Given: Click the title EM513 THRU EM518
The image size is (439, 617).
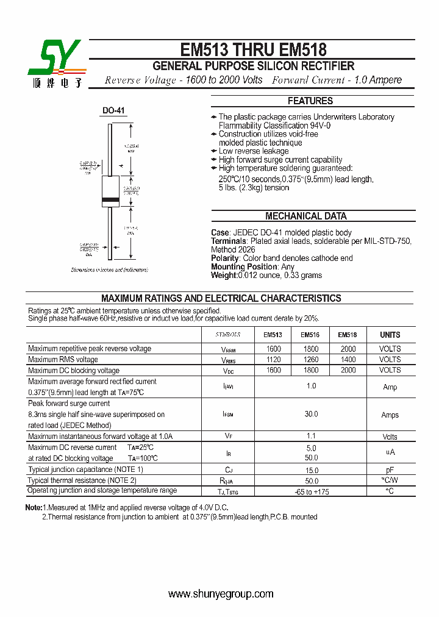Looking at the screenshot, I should click(253, 49).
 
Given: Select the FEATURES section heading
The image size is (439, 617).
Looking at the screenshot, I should click(310, 101).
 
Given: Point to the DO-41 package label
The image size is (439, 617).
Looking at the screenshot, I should click(113, 110).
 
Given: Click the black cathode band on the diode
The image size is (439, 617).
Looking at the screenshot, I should click(110, 200).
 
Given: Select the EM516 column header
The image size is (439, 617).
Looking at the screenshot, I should click(310, 335).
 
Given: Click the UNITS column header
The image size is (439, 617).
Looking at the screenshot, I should click(390, 335).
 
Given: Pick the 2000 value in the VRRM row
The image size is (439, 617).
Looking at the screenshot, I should click(348, 349).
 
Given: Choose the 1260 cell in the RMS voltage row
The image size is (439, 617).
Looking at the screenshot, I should click(310, 360).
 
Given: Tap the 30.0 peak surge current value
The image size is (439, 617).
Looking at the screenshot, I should click(311, 415).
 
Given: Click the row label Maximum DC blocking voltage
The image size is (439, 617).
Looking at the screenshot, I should click(74, 370).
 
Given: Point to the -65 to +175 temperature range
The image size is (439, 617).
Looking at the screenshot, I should click(311, 491).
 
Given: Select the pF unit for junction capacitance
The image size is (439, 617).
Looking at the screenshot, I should click(390, 470).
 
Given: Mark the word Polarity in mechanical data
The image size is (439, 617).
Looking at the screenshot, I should click(224, 258).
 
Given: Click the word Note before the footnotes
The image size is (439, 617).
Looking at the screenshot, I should click(33, 507).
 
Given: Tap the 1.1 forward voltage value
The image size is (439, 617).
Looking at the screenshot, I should click(311, 437).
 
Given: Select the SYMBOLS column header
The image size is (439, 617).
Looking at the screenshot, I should click(228, 335).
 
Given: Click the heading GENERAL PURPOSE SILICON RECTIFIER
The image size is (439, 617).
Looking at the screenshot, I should click(253, 66).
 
